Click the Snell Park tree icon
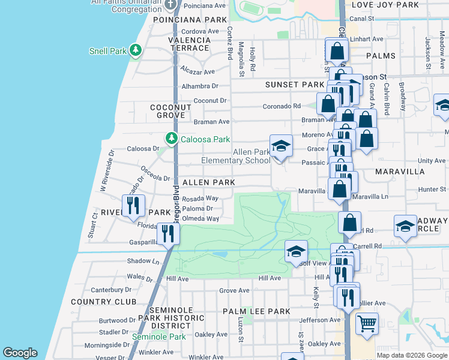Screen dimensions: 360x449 136,51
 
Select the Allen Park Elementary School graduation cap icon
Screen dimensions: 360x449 280,146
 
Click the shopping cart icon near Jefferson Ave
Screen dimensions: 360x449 367,324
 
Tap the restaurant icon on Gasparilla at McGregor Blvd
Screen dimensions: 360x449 168,233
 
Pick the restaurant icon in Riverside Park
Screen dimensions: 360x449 133,205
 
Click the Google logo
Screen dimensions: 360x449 20,353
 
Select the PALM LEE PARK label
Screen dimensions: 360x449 256,311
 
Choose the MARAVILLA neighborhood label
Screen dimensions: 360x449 400,172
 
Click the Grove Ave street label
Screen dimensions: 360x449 234,290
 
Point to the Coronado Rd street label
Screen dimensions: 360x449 281,106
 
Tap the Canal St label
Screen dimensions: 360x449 362,19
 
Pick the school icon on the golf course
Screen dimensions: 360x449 296,252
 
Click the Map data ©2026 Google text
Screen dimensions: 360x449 411,355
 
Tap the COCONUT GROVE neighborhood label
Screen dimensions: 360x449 170,111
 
